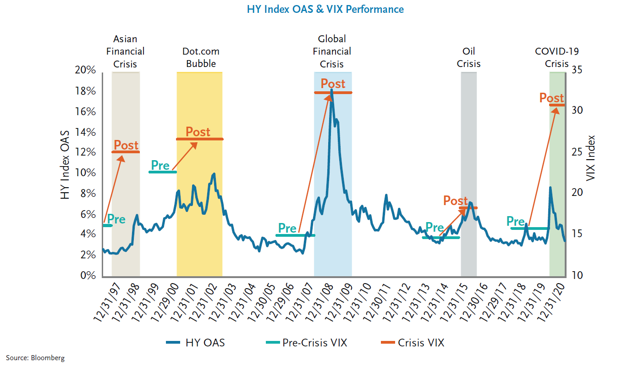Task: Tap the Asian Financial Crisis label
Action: tap(125, 51)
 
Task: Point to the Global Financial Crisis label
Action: tap(332, 51)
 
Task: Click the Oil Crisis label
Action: tap(468, 57)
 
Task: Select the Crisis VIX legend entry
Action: tap(413, 342)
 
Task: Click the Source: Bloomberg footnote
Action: tap(35, 358)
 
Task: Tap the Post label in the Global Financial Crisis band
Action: tap(333, 84)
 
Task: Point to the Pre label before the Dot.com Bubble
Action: tap(160, 165)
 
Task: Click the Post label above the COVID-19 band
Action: tap(551, 98)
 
